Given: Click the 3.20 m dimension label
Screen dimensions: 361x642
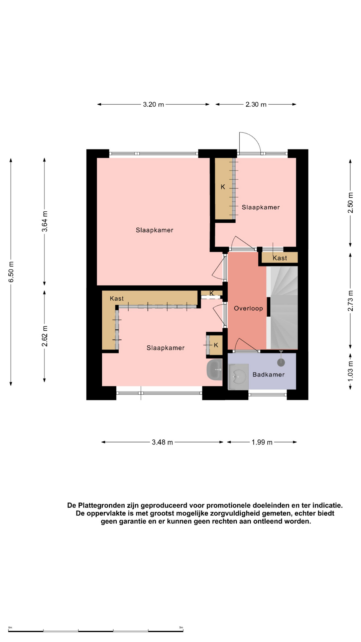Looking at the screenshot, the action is pyautogui.click(x=153, y=104).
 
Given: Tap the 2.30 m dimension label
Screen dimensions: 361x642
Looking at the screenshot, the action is pyautogui.click(x=256, y=104).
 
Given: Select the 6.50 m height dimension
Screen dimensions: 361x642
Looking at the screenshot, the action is pyautogui.click(x=11, y=272).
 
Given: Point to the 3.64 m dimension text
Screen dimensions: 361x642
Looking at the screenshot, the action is pyautogui.click(x=44, y=221).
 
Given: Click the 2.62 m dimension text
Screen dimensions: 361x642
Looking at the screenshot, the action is pyautogui.click(x=44, y=336).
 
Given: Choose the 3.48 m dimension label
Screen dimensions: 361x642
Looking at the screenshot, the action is pyautogui.click(x=162, y=442).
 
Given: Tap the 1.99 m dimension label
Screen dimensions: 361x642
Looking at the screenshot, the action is pyautogui.click(x=262, y=442).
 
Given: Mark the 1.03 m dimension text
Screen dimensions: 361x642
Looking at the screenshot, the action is pyautogui.click(x=350, y=371).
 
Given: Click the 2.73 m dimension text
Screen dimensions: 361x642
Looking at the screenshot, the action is pyautogui.click(x=350, y=301).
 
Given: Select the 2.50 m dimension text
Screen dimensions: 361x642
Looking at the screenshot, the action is pyautogui.click(x=350, y=203).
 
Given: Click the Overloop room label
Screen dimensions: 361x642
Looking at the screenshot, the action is pyautogui.click(x=248, y=308).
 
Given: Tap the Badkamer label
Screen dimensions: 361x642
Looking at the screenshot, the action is pyautogui.click(x=268, y=374).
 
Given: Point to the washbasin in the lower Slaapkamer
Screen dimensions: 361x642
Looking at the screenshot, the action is pyautogui.click(x=214, y=369).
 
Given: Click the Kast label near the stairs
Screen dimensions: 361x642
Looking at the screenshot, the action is pyautogui.click(x=280, y=258).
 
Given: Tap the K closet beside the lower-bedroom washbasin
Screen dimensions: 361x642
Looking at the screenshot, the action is pyautogui.click(x=215, y=344).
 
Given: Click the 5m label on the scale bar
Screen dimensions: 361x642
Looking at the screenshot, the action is pyautogui.click(x=181, y=628).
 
